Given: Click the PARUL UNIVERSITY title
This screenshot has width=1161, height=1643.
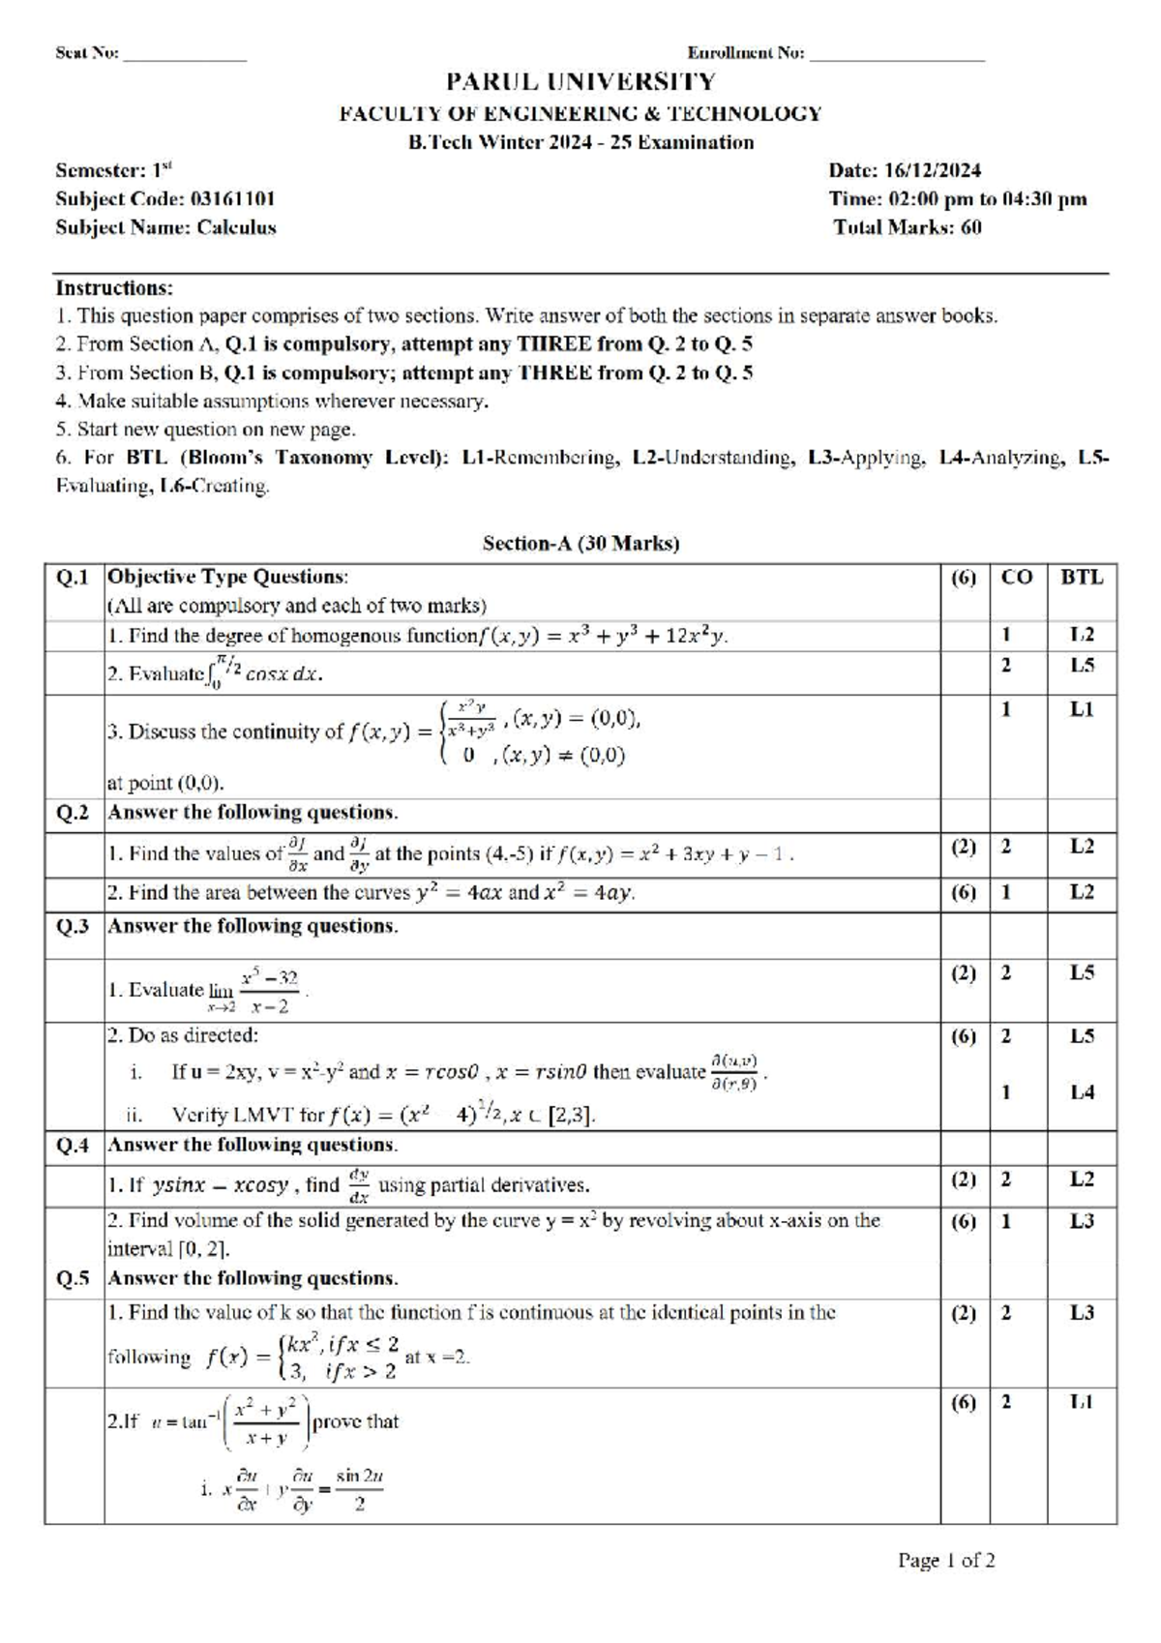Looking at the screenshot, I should coord(580,82).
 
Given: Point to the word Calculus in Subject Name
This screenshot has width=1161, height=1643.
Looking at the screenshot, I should coord(237,228).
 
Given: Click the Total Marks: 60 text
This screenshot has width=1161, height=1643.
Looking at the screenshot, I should coord(907,228).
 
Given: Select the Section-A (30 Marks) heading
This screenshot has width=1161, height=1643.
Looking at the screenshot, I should coord(580,544).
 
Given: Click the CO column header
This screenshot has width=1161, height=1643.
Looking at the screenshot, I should coord(1017,578).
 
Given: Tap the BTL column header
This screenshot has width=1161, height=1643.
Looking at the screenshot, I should coord(1081,578).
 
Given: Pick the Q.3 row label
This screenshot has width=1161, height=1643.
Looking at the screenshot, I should coord(74,927).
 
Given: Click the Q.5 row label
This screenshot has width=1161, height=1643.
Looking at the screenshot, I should coord(74,1279).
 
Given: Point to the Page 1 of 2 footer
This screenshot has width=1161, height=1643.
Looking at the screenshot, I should coord(946,1561).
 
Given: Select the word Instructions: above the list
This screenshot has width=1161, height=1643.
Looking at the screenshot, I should coord(114,288).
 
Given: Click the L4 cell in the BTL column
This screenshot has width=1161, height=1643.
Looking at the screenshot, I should coord(1082,1092).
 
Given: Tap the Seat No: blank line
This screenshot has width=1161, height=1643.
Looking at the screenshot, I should coord(184,56).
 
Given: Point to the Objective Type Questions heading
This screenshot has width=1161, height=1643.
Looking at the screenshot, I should coord(227,578).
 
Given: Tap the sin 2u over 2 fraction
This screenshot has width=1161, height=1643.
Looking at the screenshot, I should coord(359,1491).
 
